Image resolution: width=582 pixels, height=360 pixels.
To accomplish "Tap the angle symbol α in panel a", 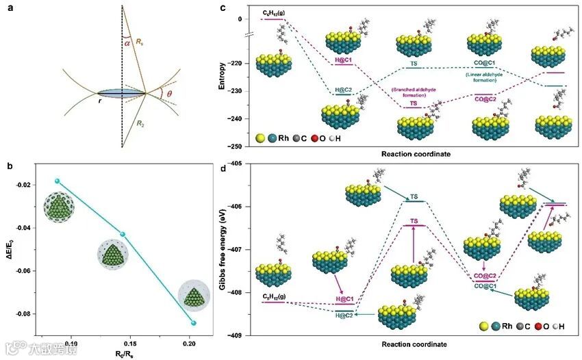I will [x=127, y=42].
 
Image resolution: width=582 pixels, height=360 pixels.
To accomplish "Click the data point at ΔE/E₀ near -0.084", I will [x=194, y=323].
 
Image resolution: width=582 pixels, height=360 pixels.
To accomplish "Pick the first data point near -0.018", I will [x=58, y=181].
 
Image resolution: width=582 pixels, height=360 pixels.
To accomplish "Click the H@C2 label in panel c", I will [x=344, y=90].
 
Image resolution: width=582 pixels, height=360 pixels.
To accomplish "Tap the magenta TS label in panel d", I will [x=414, y=221].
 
